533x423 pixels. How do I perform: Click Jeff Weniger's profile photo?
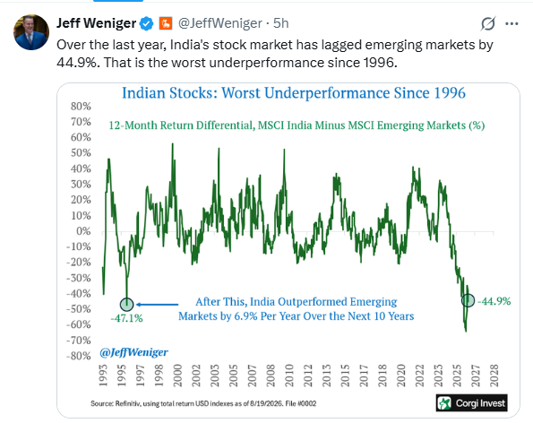point(31,32)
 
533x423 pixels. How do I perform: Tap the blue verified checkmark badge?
point(147,23)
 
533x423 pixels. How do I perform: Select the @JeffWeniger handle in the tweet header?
point(220,23)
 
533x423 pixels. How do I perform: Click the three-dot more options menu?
point(512,24)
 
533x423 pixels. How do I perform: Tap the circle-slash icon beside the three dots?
point(488,24)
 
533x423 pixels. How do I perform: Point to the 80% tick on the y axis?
point(81,106)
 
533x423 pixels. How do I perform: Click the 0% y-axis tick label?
point(83,231)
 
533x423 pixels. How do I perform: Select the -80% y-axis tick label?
point(79,356)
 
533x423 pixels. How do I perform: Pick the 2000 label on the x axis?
point(177,376)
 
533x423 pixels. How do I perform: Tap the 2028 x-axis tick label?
point(494,376)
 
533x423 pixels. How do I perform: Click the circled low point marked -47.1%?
point(127,304)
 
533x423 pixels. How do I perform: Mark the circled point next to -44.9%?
point(469,300)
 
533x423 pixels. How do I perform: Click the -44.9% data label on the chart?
point(494,301)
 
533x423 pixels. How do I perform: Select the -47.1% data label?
point(126,318)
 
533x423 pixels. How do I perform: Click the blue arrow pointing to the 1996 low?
point(157,305)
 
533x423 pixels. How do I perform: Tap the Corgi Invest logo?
point(472,403)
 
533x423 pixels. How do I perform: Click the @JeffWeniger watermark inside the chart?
point(133,352)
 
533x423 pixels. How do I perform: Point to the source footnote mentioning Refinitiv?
point(203,403)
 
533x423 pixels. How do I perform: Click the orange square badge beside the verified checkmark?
point(166,23)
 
